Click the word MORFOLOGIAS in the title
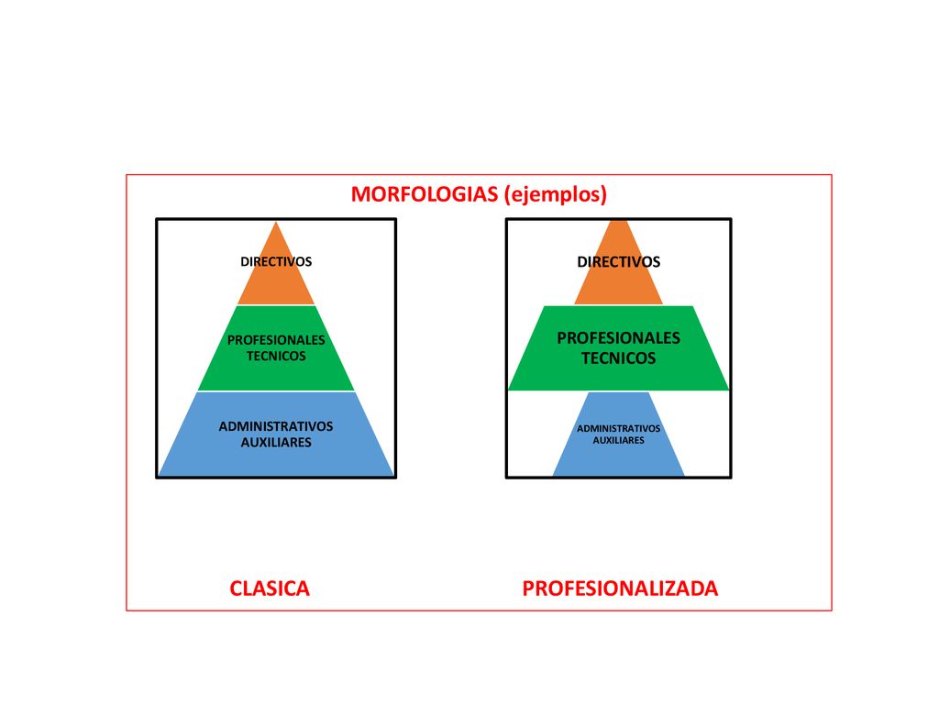[424, 194]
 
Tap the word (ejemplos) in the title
[556, 194]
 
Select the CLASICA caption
[270, 588]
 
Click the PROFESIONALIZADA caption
[620, 588]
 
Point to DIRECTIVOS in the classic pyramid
[276, 261]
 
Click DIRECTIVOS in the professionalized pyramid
[619, 261]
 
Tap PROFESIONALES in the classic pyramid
[276, 340]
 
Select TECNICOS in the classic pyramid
[276, 357]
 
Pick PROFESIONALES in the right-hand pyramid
[619, 338]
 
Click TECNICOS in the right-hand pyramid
[619, 358]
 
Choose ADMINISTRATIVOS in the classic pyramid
[276, 426]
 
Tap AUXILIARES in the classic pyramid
[276, 443]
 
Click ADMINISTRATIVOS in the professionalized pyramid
[619, 429]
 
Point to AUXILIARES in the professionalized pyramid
[619, 440]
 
